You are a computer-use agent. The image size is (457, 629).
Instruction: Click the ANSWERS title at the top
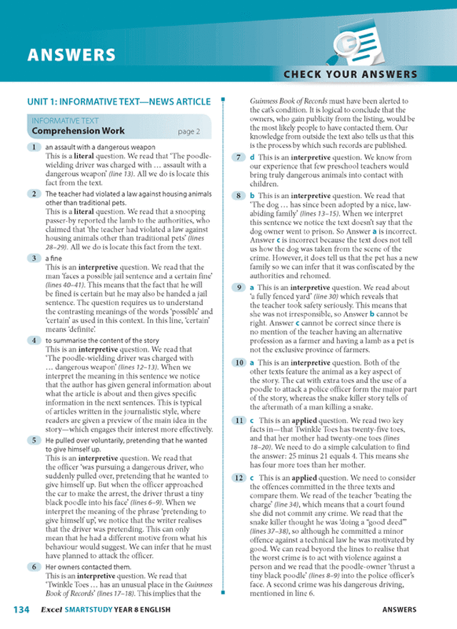(x=71, y=55)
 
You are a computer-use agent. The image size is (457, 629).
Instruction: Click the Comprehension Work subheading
(x=79, y=132)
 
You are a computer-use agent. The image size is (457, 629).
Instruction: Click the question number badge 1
(x=34, y=147)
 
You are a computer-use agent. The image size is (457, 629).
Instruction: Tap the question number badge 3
(x=34, y=258)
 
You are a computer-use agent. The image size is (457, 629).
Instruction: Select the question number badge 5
(x=34, y=441)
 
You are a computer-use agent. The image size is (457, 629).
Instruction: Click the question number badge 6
(x=34, y=567)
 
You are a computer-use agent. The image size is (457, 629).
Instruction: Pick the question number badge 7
(x=240, y=157)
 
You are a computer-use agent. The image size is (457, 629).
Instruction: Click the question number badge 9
(x=240, y=287)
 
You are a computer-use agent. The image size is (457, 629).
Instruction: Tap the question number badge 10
(x=240, y=363)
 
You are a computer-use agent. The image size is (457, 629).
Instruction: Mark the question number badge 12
(x=240, y=477)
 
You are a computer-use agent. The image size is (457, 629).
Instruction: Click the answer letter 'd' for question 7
(x=252, y=157)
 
